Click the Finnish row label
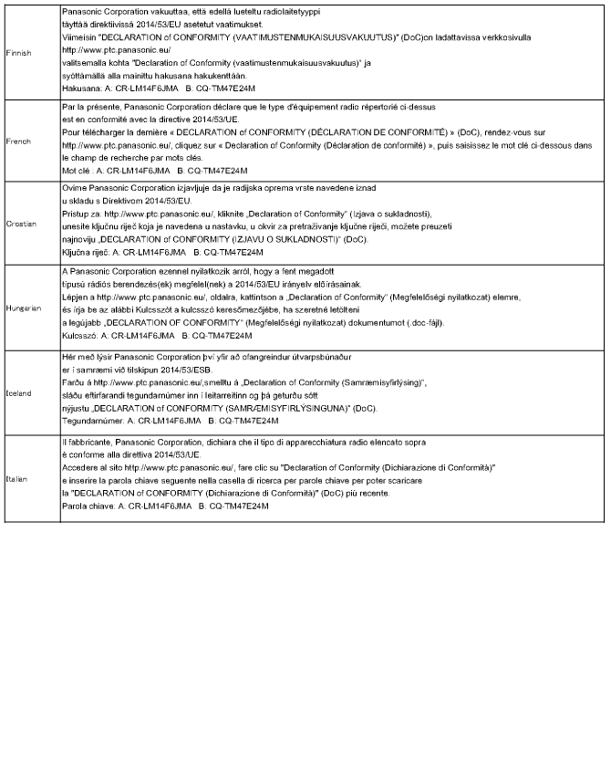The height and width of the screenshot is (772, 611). coord(18,53)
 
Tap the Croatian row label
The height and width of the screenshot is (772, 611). coord(20,223)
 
